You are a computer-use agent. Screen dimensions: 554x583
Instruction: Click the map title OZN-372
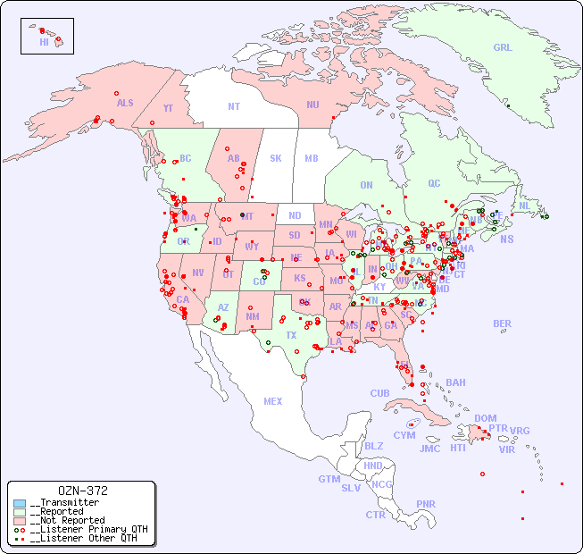82,491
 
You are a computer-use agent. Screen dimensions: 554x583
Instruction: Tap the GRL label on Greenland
504,47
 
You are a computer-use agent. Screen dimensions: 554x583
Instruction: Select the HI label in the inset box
43,42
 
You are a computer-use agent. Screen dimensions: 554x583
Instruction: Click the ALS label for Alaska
125,103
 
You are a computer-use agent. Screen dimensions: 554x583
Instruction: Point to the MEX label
273,401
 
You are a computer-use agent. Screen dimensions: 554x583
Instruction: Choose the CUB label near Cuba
379,393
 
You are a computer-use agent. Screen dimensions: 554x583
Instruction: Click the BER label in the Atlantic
503,323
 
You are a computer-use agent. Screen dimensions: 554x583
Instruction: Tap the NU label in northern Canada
312,105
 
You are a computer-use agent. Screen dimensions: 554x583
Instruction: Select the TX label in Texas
291,335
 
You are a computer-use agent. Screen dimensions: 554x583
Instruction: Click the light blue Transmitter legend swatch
19,503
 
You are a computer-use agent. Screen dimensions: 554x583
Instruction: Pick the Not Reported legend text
67,520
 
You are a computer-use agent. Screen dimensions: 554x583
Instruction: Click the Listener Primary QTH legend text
88,529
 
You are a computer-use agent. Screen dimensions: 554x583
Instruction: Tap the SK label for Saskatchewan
276,158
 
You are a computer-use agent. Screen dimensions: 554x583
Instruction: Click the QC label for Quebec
434,183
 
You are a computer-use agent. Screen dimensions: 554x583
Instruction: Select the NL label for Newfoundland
525,205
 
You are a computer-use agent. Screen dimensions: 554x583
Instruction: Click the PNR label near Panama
426,504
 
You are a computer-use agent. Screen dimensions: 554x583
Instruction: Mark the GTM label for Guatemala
329,479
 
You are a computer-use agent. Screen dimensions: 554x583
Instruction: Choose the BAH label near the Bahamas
455,382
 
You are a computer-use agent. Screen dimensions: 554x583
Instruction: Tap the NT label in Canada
234,106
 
